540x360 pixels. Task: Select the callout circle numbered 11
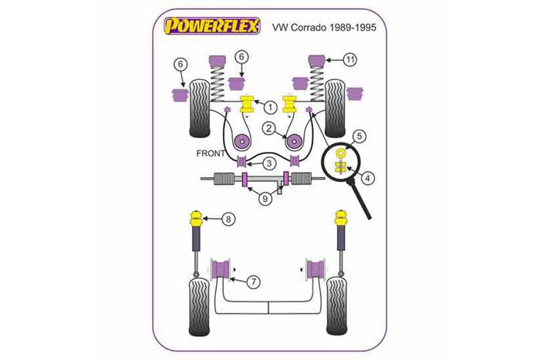coord(351,59)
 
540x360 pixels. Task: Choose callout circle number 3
coord(268,163)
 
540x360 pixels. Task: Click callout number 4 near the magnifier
coord(368,179)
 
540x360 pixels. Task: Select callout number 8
coord(228,220)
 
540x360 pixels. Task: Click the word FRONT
coord(210,153)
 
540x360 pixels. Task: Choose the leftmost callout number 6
coord(180,63)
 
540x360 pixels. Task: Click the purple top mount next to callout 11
coord(316,61)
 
